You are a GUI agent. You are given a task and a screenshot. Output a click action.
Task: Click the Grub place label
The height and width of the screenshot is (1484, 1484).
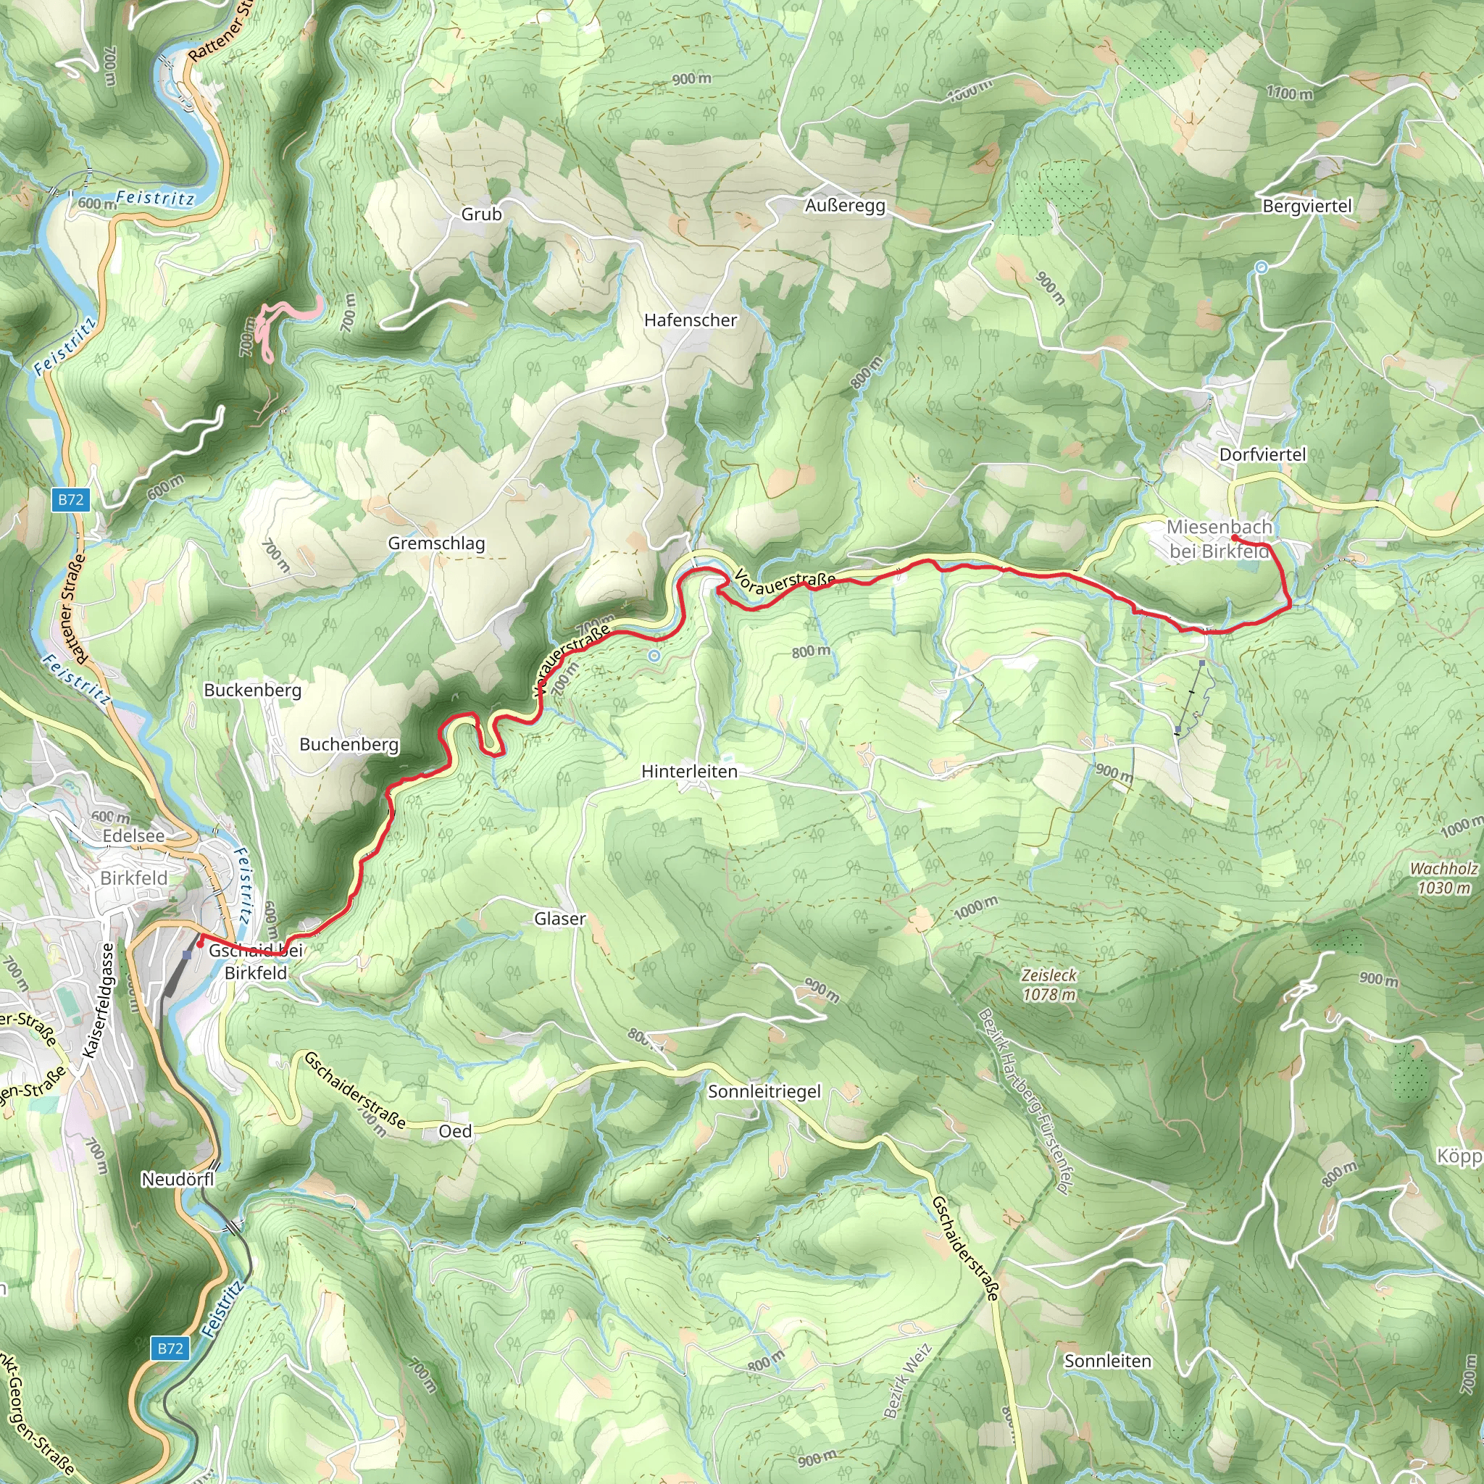point(481,214)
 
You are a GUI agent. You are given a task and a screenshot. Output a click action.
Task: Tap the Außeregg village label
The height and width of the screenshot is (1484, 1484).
point(845,206)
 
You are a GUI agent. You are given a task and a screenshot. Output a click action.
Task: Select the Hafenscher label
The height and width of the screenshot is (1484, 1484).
point(690,320)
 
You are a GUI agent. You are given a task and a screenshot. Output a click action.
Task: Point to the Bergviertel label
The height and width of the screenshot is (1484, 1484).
point(1306,206)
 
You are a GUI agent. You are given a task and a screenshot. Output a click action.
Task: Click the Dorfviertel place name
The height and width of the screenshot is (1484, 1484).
point(1262,455)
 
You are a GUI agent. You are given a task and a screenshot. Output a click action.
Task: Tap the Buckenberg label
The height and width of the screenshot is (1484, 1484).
point(252,691)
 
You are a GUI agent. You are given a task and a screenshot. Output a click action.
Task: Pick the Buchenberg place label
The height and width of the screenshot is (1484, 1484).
point(349,744)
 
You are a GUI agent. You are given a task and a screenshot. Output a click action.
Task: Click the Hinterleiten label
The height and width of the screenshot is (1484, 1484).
point(689,771)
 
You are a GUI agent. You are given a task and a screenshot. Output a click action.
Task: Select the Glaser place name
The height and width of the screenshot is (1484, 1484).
point(559,919)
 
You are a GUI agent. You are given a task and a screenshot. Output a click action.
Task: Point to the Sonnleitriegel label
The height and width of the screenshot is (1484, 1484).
point(764,1091)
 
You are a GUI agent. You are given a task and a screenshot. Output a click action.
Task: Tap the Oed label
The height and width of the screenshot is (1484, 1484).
point(455,1131)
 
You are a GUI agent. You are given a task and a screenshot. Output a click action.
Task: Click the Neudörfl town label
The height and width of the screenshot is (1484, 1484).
point(178,1179)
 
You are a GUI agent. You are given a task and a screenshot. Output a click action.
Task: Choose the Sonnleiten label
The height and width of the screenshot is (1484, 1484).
point(1107,1361)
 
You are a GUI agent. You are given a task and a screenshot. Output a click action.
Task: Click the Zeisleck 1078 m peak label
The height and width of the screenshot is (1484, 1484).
point(1049,985)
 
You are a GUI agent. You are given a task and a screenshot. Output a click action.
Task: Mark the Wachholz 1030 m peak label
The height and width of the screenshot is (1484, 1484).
point(1443,878)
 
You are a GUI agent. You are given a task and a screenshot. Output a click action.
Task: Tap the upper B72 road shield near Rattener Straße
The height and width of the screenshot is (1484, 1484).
point(71,499)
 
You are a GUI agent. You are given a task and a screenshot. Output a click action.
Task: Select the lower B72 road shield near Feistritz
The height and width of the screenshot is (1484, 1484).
point(170,1348)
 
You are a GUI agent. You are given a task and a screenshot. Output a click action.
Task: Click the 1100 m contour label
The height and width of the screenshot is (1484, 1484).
point(1289,93)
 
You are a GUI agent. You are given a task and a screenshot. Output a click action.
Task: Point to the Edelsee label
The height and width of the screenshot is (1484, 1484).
point(133,835)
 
